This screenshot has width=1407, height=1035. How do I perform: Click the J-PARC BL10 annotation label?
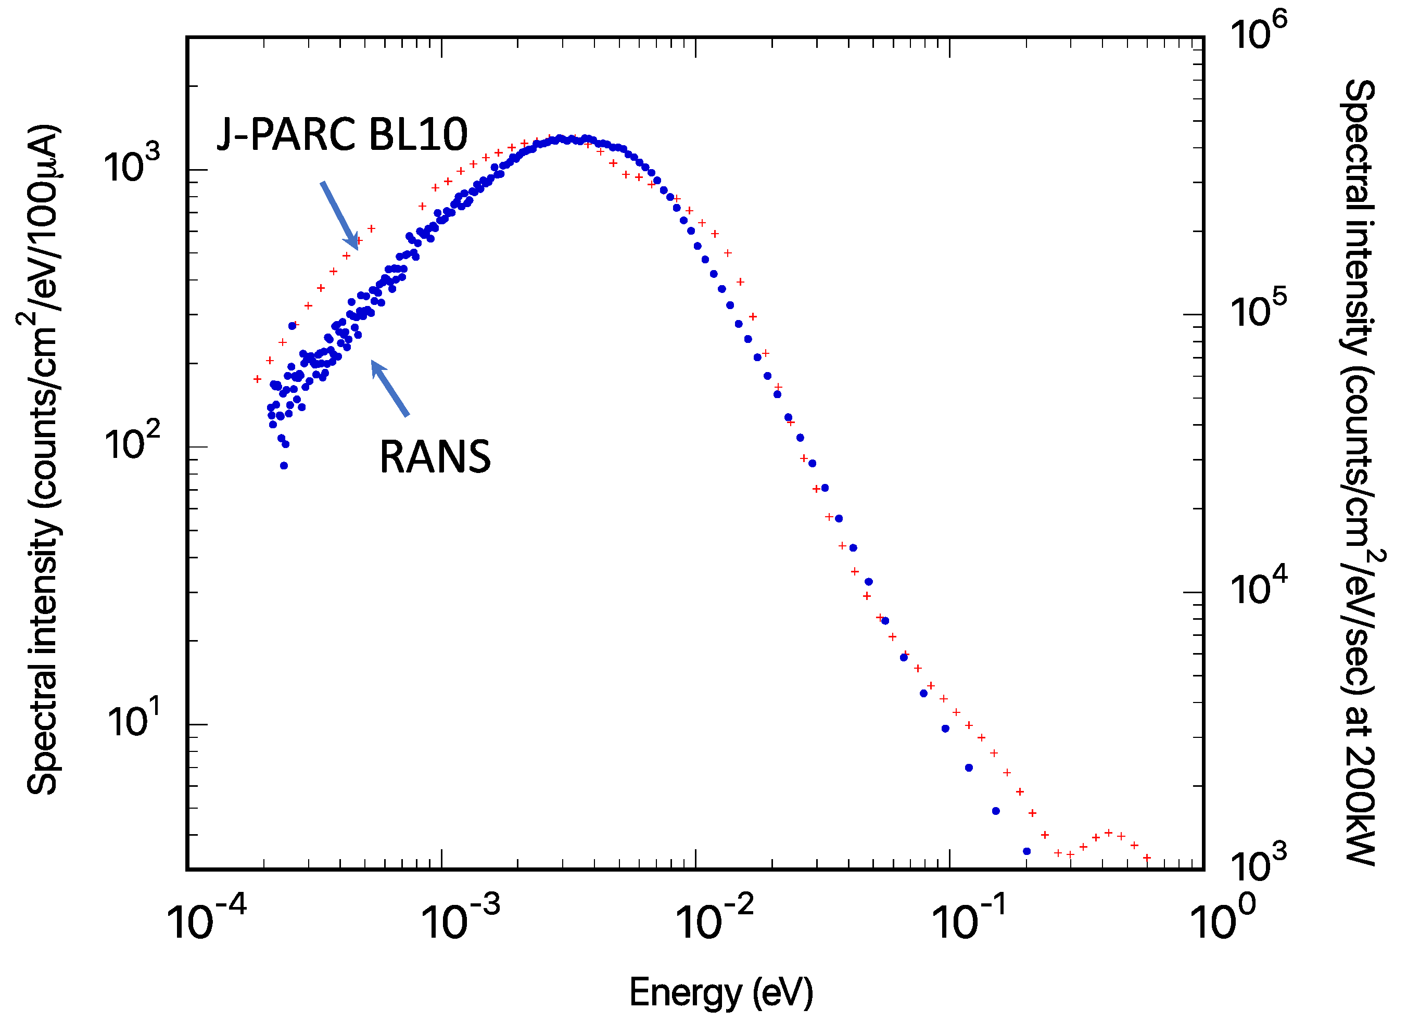click(341, 135)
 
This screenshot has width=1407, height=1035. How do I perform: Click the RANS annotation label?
click(435, 457)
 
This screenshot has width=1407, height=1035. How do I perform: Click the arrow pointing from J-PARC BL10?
click(339, 215)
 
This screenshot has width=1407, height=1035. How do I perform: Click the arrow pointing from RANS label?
click(390, 388)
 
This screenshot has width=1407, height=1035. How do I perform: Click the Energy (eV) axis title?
click(721, 992)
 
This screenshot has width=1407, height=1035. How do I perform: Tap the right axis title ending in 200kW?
click(1360, 473)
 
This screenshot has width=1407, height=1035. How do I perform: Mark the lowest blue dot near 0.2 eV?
click(1026, 851)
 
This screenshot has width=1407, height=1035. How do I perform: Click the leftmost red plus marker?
click(257, 379)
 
